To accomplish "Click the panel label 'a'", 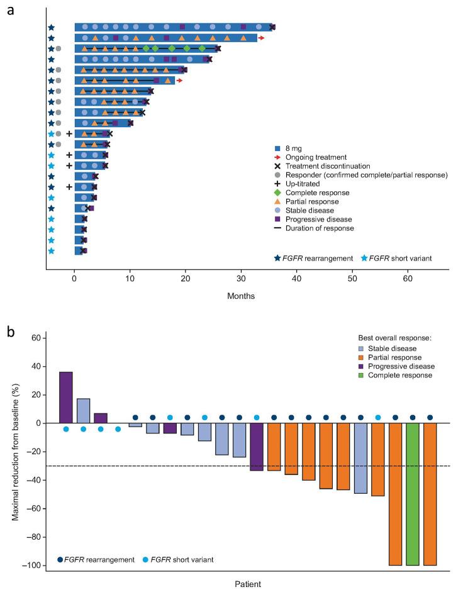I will point(10,11).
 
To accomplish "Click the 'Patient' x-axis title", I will point(247,583).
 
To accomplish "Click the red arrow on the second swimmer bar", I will point(261,38).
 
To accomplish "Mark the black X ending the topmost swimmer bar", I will point(272,27).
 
